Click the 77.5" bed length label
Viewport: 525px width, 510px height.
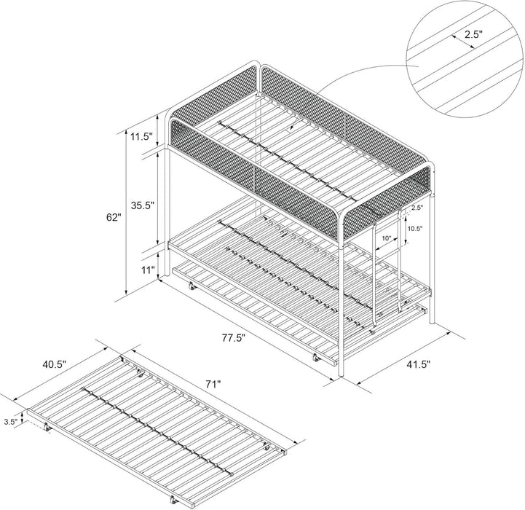(234, 337)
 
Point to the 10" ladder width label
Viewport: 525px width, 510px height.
(385, 238)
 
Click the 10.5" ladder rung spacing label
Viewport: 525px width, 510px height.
(415, 228)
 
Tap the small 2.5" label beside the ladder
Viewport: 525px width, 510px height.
(416, 208)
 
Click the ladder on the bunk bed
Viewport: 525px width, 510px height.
(387, 270)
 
